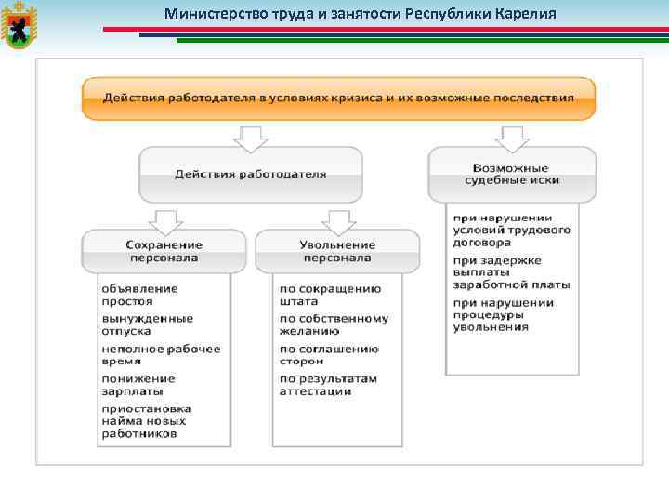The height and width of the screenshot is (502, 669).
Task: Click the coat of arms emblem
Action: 17,26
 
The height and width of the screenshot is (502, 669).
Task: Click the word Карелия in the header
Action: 523,14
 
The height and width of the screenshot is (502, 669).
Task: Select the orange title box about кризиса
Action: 338,98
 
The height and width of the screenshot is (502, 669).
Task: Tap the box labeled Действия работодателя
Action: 250,174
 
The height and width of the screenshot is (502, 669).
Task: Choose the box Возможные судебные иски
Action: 511,174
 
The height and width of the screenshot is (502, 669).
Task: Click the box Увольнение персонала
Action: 336,251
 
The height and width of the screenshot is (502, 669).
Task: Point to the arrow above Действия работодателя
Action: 250,138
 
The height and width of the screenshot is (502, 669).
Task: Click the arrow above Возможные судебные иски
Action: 511,138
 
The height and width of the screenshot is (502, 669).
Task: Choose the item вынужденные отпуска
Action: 147,324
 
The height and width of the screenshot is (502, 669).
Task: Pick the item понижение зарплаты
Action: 138,385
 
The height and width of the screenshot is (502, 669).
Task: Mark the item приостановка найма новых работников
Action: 147,420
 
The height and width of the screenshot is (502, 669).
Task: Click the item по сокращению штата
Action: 330,295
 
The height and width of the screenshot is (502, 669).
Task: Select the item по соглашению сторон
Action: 329,354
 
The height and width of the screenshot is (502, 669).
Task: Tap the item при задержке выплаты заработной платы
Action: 511,272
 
